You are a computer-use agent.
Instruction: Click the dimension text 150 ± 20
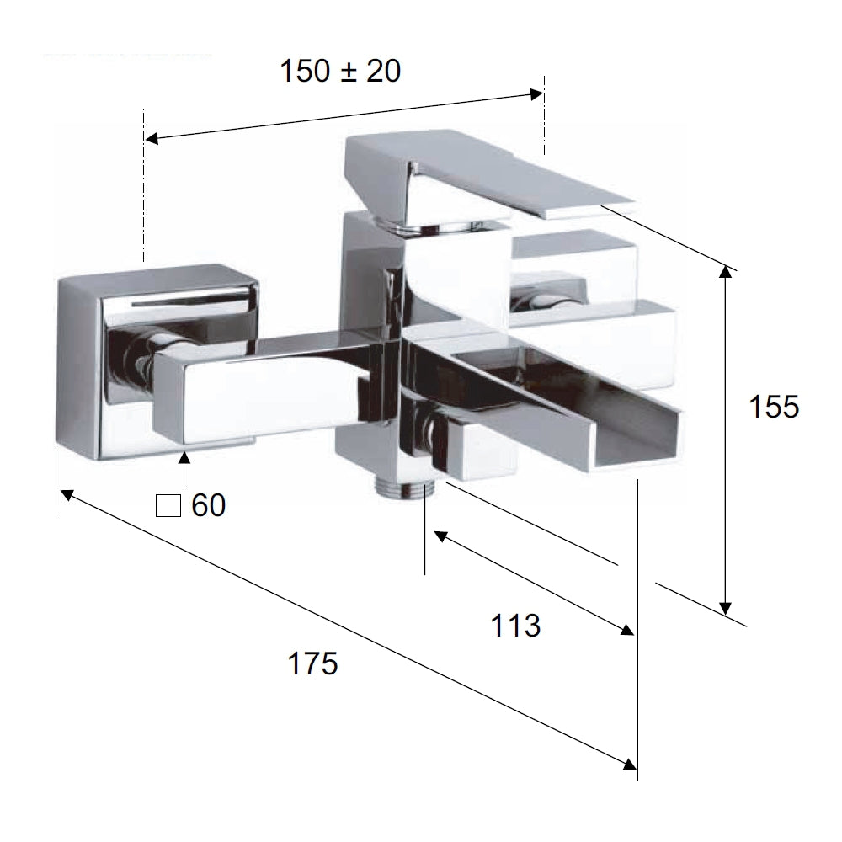(x=340, y=71)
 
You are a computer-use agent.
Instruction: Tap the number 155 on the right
(x=774, y=407)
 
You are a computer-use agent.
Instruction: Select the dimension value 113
(x=515, y=626)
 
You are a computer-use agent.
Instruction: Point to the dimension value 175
(x=313, y=663)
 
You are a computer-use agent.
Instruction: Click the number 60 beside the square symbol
(x=208, y=505)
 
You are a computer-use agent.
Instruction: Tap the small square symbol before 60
(x=168, y=506)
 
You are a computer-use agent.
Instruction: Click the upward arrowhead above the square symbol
(x=184, y=457)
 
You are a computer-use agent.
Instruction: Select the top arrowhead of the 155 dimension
(x=726, y=272)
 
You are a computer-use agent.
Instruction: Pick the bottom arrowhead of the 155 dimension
(x=726, y=608)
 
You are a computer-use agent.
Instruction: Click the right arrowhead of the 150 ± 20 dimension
(x=536, y=94)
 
